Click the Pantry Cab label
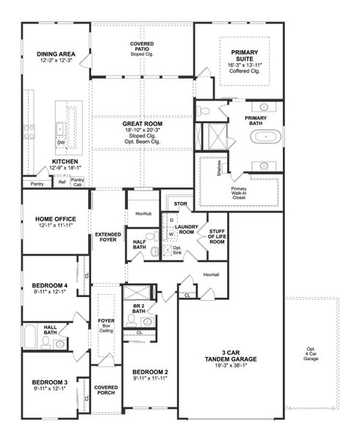tap(77, 182)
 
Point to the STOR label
tap(180, 204)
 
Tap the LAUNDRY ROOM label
tap(184, 230)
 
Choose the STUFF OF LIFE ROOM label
tap(216, 236)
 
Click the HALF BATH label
tap(139, 245)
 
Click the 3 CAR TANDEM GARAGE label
tap(231, 356)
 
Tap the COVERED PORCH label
tap(105, 390)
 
